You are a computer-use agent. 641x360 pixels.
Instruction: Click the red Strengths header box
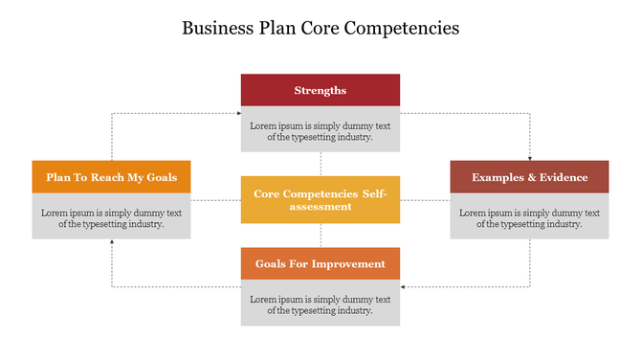320,90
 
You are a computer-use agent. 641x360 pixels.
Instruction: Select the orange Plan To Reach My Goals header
111,177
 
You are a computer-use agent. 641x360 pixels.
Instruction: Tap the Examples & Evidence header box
529,177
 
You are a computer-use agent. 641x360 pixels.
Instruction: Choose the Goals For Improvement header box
320,263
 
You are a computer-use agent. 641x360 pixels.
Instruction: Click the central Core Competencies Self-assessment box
320,199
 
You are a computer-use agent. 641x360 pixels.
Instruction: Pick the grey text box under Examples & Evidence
529,217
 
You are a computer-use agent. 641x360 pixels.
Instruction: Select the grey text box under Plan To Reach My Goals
111,217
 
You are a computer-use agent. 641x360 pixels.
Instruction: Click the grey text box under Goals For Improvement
320,304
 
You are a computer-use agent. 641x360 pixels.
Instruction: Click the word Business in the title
217,28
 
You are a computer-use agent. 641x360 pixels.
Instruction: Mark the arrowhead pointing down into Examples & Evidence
529,157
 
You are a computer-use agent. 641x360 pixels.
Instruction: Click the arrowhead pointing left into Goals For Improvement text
404,286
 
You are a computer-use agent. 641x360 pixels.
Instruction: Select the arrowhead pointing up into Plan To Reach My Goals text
112,242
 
